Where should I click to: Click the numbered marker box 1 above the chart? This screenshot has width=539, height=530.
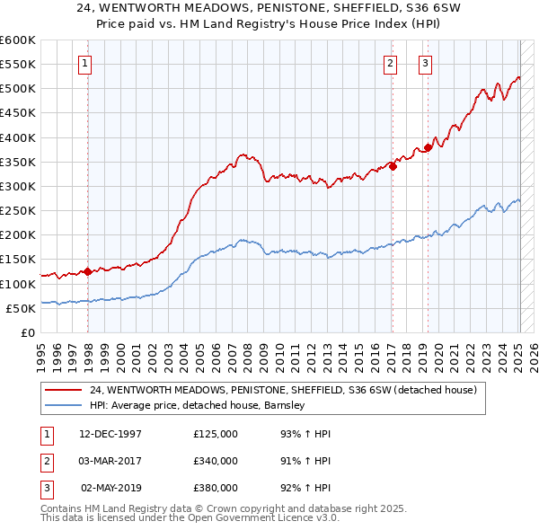tap(84, 63)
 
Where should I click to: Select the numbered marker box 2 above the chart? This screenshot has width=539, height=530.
tap(391, 63)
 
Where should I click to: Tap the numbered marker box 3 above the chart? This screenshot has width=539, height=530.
tap(425, 63)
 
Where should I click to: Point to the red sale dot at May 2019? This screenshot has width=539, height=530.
tap(428, 147)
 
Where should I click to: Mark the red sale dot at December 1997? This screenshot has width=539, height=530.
tap(87, 271)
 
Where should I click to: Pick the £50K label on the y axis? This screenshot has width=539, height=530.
tap(21, 308)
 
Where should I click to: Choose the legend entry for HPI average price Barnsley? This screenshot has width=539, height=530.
tap(198, 405)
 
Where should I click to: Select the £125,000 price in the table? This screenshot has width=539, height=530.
tap(216, 434)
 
